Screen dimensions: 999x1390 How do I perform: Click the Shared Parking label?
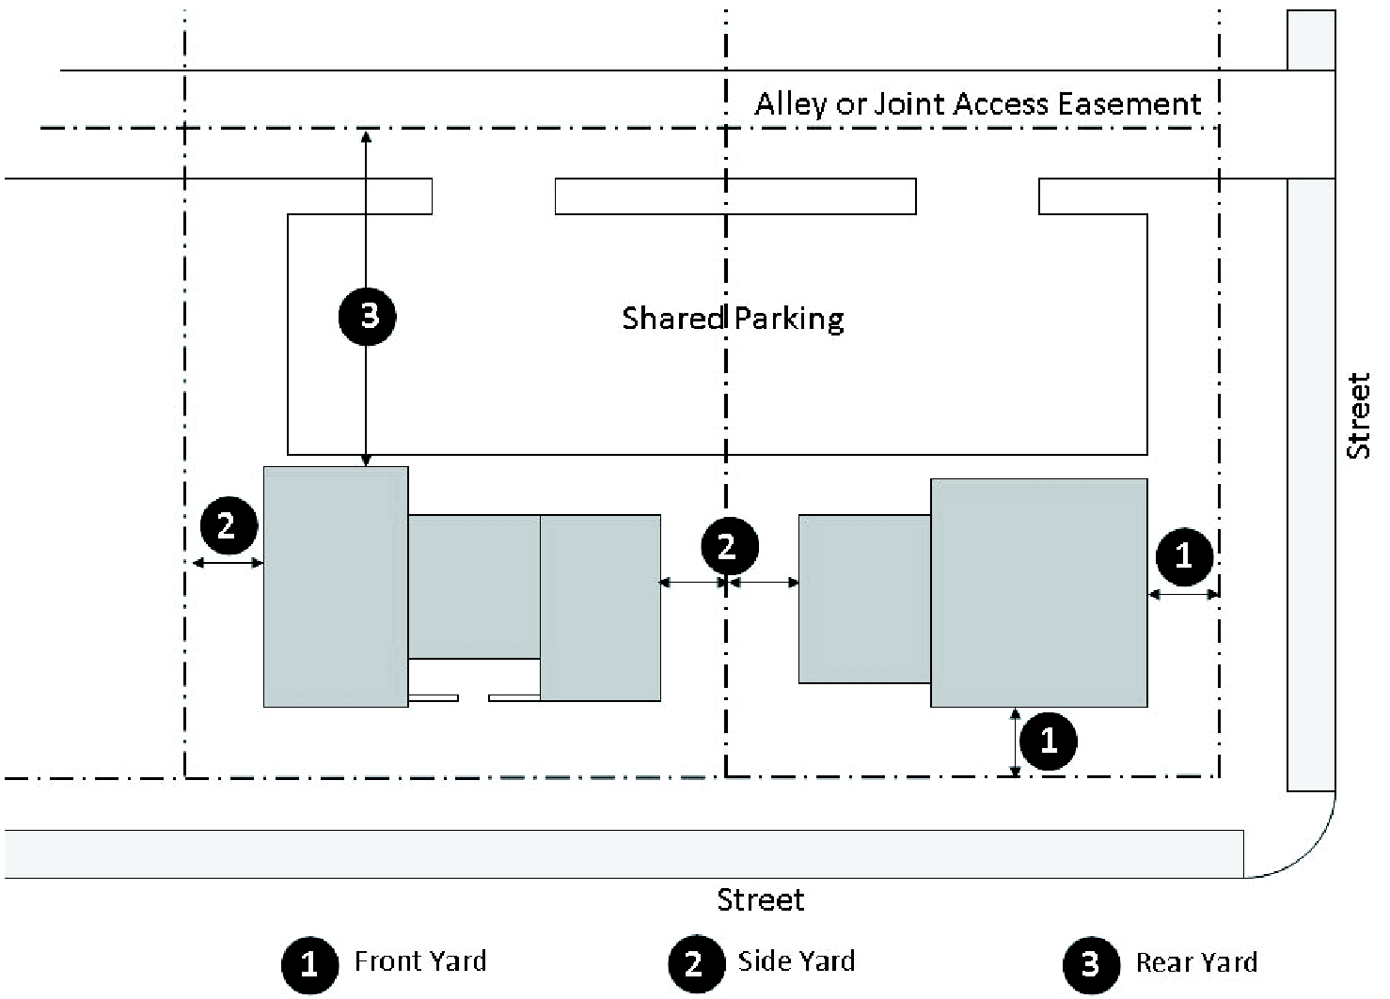click(x=733, y=319)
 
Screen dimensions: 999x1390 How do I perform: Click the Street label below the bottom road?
click(x=760, y=900)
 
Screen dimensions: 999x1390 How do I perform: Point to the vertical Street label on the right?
click(x=1359, y=416)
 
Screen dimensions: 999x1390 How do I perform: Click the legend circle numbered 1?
click(x=309, y=964)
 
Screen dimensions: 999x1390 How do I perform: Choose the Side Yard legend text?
click(x=796, y=961)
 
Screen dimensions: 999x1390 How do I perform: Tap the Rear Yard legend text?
click(x=1195, y=963)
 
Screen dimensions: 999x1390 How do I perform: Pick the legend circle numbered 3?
click(x=1091, y=964)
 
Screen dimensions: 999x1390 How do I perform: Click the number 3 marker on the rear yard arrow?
click(x=368, y=316)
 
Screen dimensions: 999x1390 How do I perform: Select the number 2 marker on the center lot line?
click(x=727, y=546)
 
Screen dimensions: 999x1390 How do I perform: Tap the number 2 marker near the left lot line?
click(x=228, y=525)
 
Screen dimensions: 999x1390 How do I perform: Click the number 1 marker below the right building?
click(x=1049, y=741)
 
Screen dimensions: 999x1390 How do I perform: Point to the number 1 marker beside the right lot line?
click(x=1184, y=555)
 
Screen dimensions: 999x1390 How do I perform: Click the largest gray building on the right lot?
click(x=1038, y=592)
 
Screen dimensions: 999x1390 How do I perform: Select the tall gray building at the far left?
click(x=335, y=585)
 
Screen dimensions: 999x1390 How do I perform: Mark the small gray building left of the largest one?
click(x=864, y=599)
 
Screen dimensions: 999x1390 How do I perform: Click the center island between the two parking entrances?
click(x=735, y=196)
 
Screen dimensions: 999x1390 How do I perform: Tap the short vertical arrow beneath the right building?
click(x=1015, y=742)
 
